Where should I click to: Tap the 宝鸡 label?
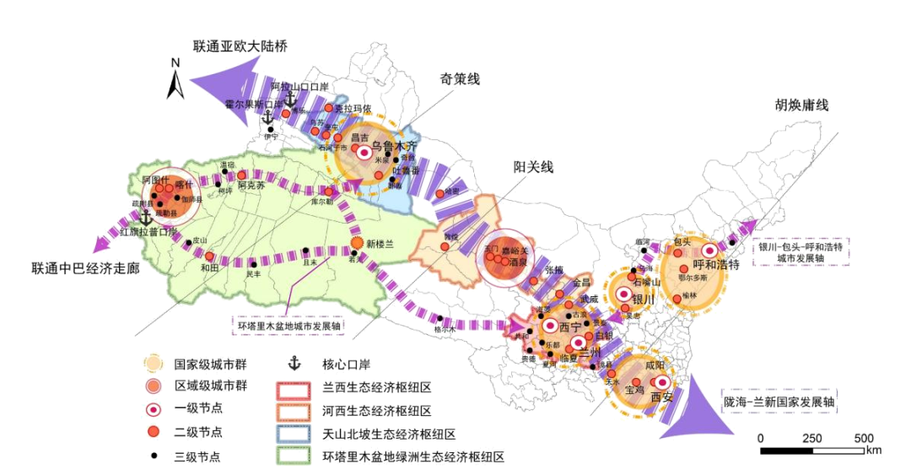(x=634, y=391)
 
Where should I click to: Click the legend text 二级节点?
(x=190, y=434)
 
